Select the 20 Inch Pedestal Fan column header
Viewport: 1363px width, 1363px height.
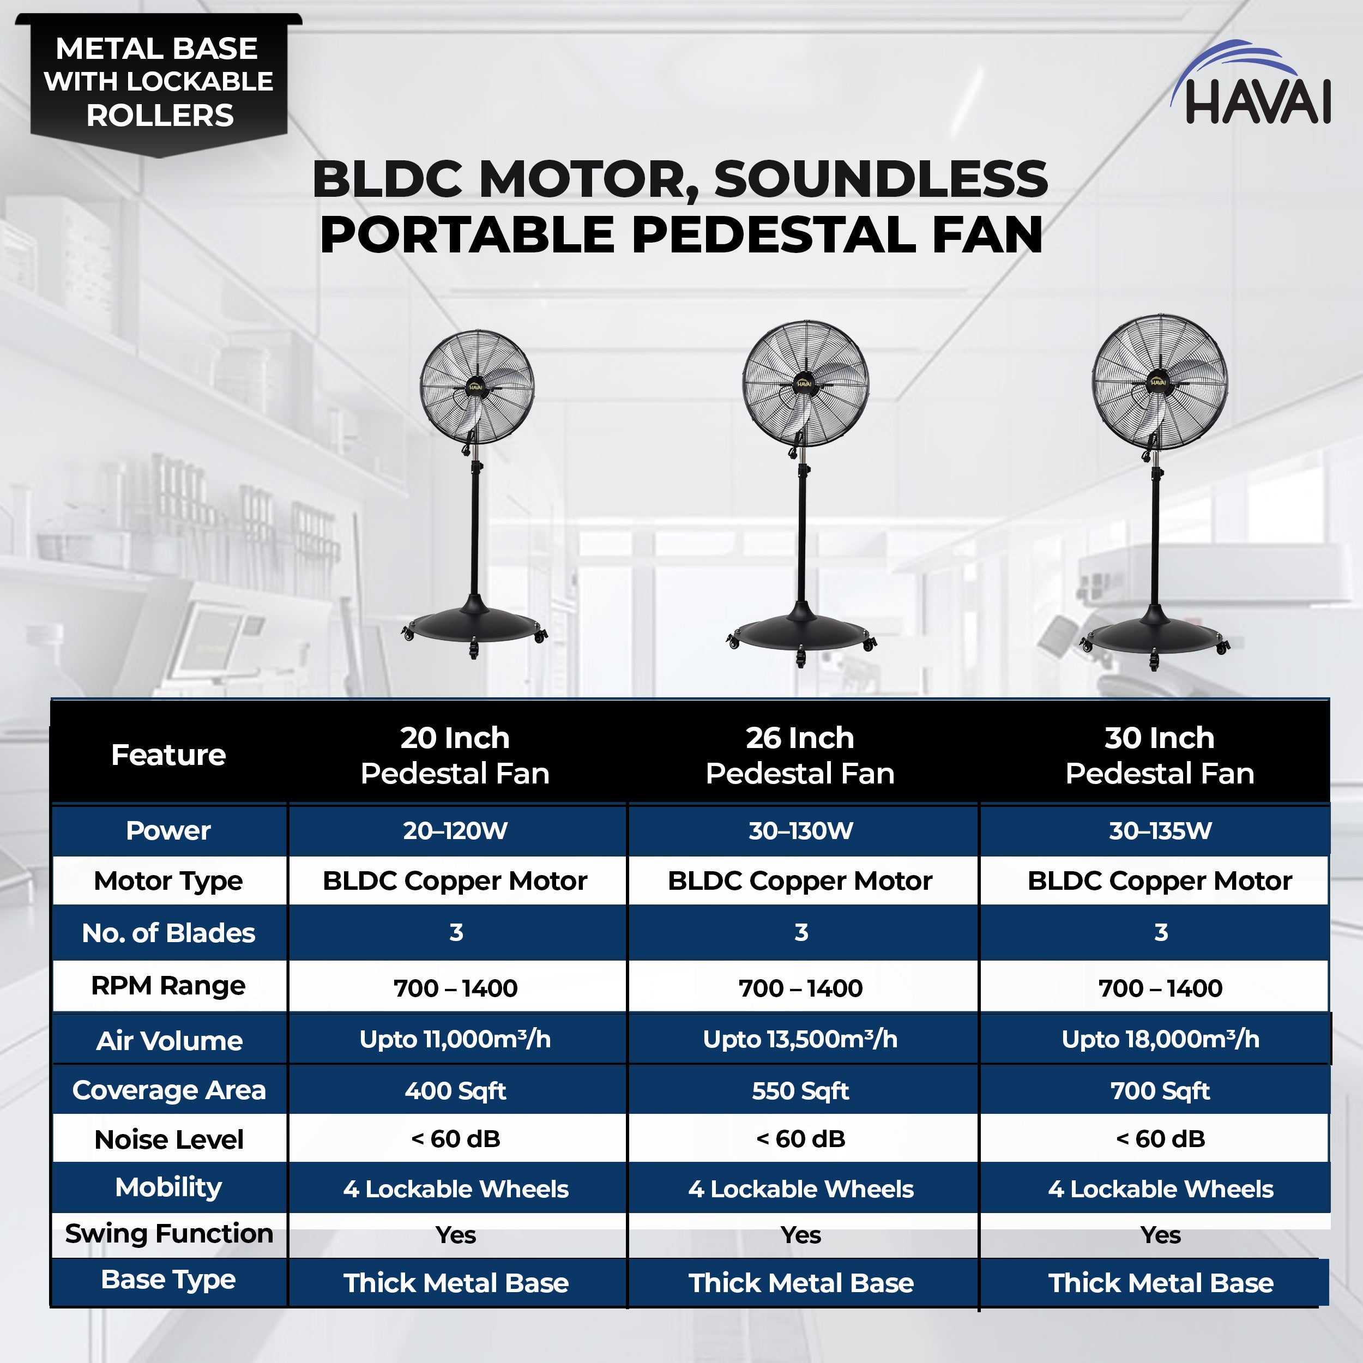click(x=455, y=755)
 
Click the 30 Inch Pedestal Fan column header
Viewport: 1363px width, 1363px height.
click(x=1160, y=755)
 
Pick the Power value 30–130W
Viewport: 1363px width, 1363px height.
click(x=801, y=830)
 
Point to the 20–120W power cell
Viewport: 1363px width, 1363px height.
click(x=455, y=830)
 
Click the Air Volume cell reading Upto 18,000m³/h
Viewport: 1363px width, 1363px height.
click(x=1160, y=1039)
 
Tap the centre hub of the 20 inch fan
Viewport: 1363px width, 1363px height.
click(x=475, y=387)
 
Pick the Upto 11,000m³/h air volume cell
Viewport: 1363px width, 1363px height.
click(x=455, y=1039)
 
